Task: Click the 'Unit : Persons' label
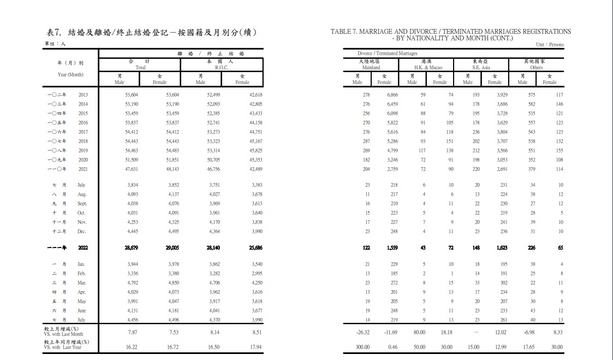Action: point(550,45)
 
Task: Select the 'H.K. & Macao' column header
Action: point(426,67)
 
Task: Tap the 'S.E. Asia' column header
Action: point(481,67)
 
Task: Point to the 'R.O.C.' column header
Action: point(222,67)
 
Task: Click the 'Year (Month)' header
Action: point(70,74)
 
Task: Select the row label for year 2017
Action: point(82,132)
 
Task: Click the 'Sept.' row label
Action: point(82,203)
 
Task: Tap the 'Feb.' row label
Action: point(82,273)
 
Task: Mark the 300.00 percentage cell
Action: point(363,347)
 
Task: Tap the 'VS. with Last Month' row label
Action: point(64,333)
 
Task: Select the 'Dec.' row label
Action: point(82,231)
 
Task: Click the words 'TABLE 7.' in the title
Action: point(343,32)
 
